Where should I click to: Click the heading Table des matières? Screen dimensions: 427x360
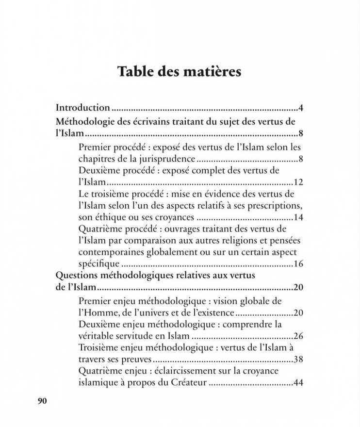pyautogui.click(x=179, y=72)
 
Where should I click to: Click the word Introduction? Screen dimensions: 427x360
pyautogui.click(x=83, y=107)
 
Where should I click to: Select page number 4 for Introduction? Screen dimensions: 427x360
pyautogui.click(x=301, y=107)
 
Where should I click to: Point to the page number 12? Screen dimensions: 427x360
pyautogui.click(x=298, y=182)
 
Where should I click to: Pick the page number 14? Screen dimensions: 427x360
pyautogui.click(x=298, y=217)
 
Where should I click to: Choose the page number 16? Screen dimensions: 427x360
pyautogui.click(x=298, y=264)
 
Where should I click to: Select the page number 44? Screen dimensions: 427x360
pyautogui.click(x=298, y=383)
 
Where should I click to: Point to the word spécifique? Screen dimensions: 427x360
pyautogui.click(x=99, y=264)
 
